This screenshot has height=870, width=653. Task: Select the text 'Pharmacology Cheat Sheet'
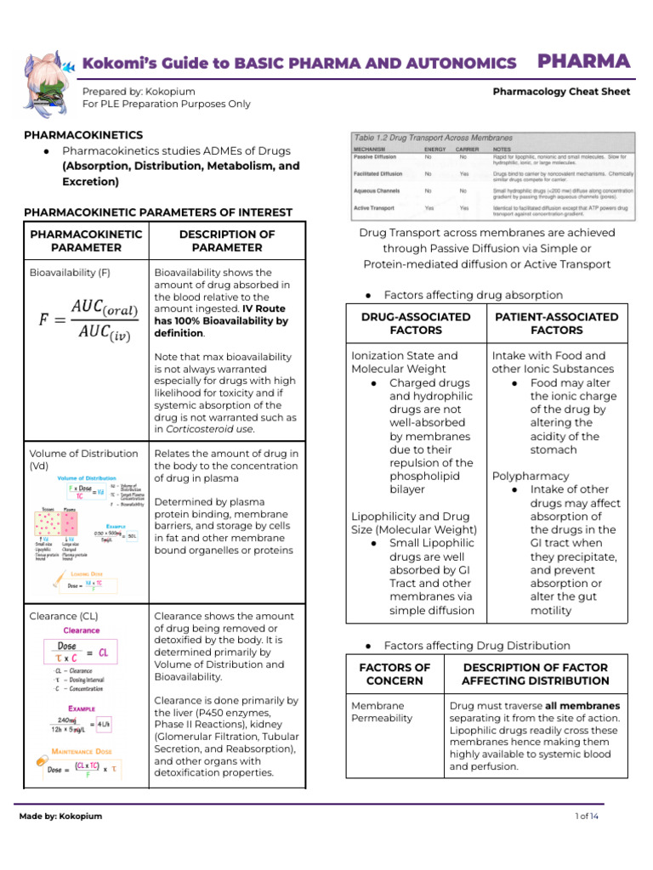click(x=561, y=92)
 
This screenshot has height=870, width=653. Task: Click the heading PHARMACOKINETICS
click(x=83, y=135)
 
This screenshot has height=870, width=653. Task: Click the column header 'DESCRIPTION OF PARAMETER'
click(x=226, y=240)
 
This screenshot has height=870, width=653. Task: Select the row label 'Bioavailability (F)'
click(x=70, y=273)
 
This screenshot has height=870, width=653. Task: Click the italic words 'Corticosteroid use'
click(x=204, y=429)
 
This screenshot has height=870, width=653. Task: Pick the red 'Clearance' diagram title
click(x=82, y=630)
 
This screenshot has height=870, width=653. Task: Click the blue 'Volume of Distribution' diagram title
click(x=87, y=478)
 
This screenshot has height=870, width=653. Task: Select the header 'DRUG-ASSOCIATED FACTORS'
click(x=416, y=323)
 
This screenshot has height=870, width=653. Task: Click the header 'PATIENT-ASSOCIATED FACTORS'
click(x=557, y=323)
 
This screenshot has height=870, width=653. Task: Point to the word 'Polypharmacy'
click(x=531, y=476)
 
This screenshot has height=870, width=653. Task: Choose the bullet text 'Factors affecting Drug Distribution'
click(x=476, y=646)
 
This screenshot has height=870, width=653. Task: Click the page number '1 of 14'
click(x=588, y=816)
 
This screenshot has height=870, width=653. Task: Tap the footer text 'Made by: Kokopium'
click(x=60, y=816)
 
